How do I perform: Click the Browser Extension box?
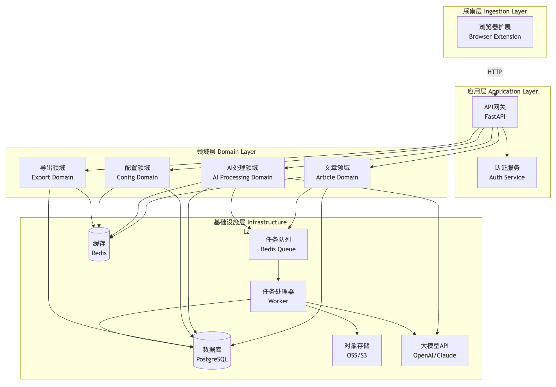pos(495,32)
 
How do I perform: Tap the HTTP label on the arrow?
pos(495,72)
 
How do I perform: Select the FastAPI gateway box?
pos(495,112)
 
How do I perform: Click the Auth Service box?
pos(507,172)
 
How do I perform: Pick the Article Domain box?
pos(337,172)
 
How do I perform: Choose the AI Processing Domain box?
pos(242,172)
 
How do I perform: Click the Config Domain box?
pos(137,172)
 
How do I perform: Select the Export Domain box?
pos(52,172)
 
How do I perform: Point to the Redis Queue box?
pos(278,244)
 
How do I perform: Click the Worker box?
pos(278,296)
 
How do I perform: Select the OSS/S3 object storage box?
pos(357,350)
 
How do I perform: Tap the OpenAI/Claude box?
pos(434,350)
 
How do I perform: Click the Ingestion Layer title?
pos(495,12)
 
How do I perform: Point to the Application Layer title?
pos(502,91)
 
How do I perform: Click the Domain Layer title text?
pos(226,152)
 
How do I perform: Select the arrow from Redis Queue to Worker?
pos(278,270)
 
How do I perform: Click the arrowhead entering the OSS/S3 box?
pos(357,333)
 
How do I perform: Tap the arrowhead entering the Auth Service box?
pos(507,155)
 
